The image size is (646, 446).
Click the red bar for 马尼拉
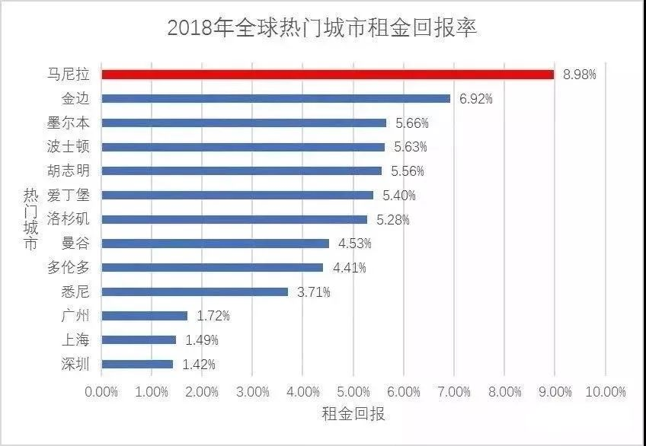tap(328, 75)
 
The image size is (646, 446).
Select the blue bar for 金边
tap(276, 98)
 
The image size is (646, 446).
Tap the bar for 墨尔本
tap(244, 123)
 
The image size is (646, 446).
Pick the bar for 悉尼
tap(195, 291)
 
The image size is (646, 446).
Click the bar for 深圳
tap(137, 365)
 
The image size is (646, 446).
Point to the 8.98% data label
tap(580, 75)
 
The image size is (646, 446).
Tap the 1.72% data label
tap(213, 316)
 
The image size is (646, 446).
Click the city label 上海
tap(78, 340)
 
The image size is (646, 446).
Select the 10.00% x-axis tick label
tap(606, 391)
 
